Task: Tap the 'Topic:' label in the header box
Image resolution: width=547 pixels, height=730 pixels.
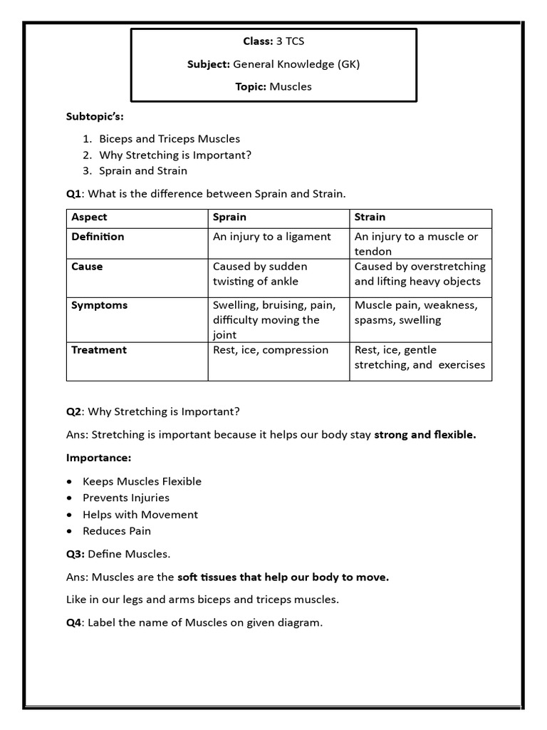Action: [251, 86]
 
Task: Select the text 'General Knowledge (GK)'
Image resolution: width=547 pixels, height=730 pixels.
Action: [296, 64]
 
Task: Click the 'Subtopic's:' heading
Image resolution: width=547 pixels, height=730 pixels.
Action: [99, 115]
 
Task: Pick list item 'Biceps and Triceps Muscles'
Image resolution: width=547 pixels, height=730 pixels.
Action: [170, 138]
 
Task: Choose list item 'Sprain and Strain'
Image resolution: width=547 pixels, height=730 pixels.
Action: [143, 170]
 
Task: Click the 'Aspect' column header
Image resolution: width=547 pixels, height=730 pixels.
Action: [90, 217]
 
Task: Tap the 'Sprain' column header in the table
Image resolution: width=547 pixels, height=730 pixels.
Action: [229, 217]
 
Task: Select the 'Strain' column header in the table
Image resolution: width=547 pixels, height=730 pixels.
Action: [370, 217]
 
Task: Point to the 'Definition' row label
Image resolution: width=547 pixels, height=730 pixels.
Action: [98, 237]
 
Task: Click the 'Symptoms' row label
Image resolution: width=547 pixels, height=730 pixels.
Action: [99, 305]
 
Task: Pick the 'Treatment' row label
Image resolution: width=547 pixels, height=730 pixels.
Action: [99, 350]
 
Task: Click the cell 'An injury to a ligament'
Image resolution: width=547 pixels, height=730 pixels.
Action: [272, 237]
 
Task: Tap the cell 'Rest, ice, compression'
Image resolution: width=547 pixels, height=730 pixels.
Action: [271, 350]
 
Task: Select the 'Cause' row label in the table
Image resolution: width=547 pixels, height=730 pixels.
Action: [87, 267]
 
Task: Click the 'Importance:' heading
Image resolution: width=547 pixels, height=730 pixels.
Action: [99, 458]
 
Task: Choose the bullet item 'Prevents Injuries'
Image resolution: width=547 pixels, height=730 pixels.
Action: [126, 498]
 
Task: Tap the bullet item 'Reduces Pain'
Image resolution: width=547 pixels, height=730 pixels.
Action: [117, 530]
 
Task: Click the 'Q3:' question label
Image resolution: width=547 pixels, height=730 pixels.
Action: [76, 553]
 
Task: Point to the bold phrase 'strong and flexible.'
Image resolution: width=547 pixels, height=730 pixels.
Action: [425, 434]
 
